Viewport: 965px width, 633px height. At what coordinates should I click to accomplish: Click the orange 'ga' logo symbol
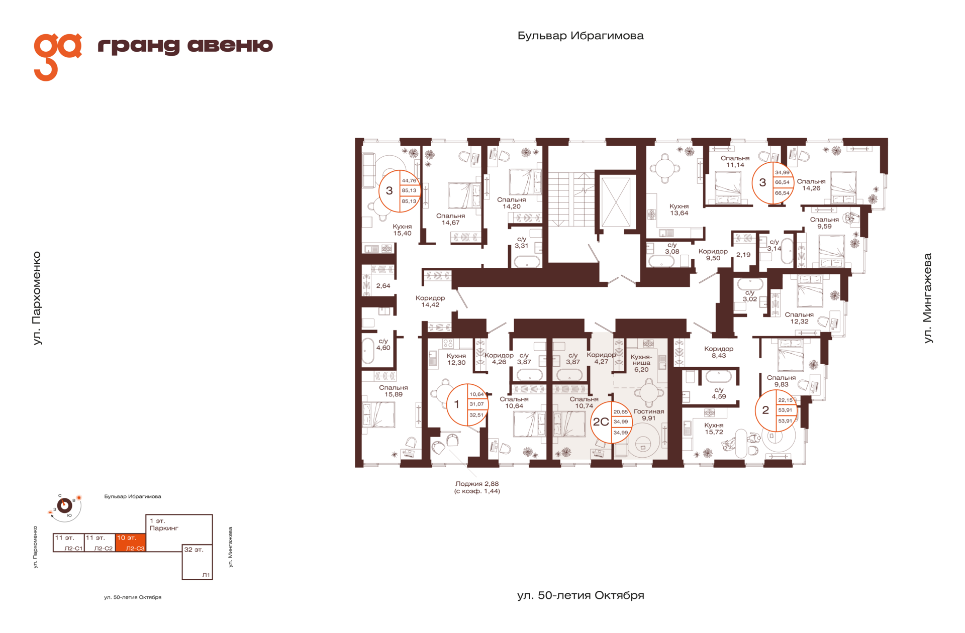pyautogui.click(x=57, y=56)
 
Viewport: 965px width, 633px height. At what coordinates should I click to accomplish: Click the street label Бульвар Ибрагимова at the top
pyautogui.click(x=581, y=36)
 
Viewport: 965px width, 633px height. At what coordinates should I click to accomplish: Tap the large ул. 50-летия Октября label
pyautogui.click(x=581, y=595)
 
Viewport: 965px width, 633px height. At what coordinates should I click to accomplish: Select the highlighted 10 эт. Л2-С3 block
pyautogui.click(x=131, y=543)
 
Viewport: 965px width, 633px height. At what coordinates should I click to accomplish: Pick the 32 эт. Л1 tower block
pyautogui.click(x=197, y=562)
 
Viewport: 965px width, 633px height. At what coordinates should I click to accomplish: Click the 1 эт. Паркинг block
pyautogui.click(x=179, y=529)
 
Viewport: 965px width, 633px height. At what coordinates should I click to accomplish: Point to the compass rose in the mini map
pyautogui.click(x=65, y=505)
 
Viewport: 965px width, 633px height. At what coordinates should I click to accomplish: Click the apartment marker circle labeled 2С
pyautogui.click(x=611, y=422)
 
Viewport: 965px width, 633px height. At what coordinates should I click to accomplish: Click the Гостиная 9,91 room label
pyautogui.click(x=649, y=414)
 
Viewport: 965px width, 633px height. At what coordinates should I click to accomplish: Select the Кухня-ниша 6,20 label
pyautogui.click(x=641, y=363)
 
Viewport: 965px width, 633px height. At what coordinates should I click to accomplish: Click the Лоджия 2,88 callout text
pyautogui.click(x=477, y=487)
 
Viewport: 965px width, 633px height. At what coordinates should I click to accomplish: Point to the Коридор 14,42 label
pyautogui.click(x=430, y=301)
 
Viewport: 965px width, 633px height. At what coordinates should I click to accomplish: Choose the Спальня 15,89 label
pyautogui.click(x=394, y=391)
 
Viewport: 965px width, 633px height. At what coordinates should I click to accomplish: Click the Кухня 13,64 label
pyautogui.click(x=679, y=209)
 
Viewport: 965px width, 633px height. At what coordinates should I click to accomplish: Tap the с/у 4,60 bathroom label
pyautogui.click(x=383, y=344)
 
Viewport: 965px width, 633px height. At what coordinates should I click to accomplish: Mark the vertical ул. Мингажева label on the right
pyautogui.click(x=928, y=298)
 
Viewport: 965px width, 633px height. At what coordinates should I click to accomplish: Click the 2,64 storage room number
pyautogui.click(x=383, y=286)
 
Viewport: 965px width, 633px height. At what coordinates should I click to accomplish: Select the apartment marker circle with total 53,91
pyautogui.click(x=776, y=410)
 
